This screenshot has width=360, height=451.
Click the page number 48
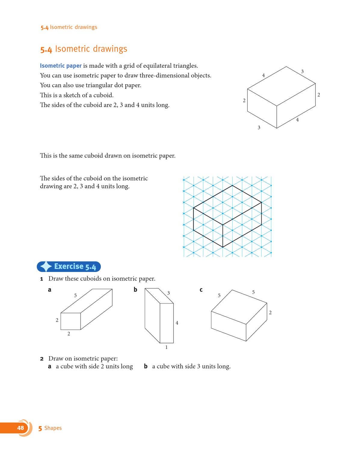pos(20,428)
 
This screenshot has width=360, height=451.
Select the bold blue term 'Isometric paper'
pos(61,66)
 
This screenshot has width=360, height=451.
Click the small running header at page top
pos(69,27)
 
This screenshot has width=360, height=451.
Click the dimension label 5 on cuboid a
pos(75,295)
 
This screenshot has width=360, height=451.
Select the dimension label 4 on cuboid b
pos(177,323)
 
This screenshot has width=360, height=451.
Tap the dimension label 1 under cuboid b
pos(166,347)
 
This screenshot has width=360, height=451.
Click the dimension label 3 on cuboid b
pos(168,293)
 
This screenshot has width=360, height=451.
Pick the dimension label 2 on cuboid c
pos(270,313)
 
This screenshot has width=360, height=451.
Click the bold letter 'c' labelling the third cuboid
pos(201,290)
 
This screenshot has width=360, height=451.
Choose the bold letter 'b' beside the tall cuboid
pos(135,289)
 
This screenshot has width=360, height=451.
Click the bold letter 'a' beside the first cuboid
pos(50,290)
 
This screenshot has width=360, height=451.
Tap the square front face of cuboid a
pos(71,321)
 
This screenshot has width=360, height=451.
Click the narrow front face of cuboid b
pos(167,323)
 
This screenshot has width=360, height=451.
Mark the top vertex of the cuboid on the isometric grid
pos(232,185)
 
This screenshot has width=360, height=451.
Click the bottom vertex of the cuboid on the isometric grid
pos(223,247)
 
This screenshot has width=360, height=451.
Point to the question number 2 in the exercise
pos(42,359)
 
